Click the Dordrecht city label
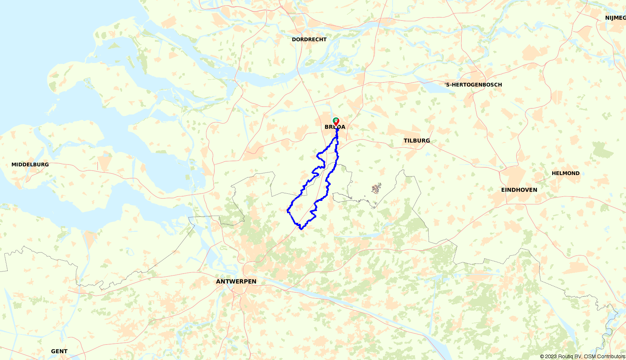pos(309,40)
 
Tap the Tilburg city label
pos(417,141)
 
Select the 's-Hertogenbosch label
pos(473,85)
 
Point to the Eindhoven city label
pos(519,190)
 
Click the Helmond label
pos(565,174)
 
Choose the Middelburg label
pos(30,165)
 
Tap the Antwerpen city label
pos(236,282)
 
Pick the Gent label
pos(59,351)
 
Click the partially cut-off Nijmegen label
pos(615,18)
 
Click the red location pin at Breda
pos(336,122)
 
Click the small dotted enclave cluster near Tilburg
pos(376,188)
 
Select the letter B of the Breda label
pos(327,127)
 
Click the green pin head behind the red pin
pos(335,120)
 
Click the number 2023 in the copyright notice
pos(550,357)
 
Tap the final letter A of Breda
pos(343,127)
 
